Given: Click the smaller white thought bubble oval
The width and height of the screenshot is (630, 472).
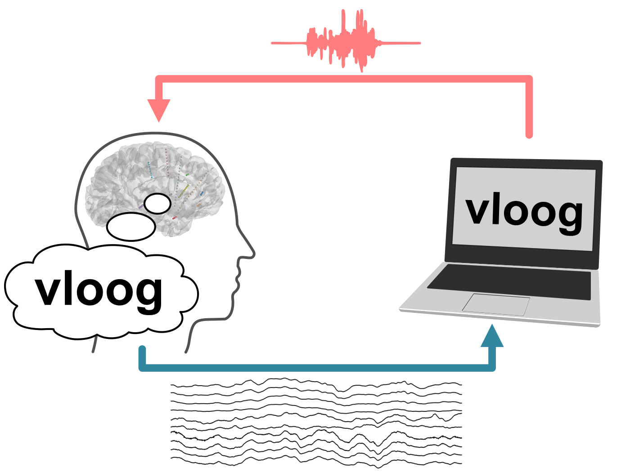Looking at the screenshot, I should coord(157,204).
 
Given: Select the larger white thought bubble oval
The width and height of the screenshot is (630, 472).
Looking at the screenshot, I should coord(131,227).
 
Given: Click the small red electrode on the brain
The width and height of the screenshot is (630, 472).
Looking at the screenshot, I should coord(175,218).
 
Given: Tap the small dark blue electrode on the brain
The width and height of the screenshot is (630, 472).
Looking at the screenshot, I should coord(202,193).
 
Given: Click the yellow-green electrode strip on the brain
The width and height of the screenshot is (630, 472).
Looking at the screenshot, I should coord(184,191).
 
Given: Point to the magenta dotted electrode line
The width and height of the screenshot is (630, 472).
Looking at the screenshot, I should coord(167,162).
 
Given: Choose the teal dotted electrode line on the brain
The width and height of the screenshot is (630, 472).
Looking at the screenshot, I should coord(150,170).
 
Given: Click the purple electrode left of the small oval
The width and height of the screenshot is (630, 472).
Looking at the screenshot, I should coord(141,206).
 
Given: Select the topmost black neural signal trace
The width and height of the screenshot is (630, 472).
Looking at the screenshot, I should coord(315,382).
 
